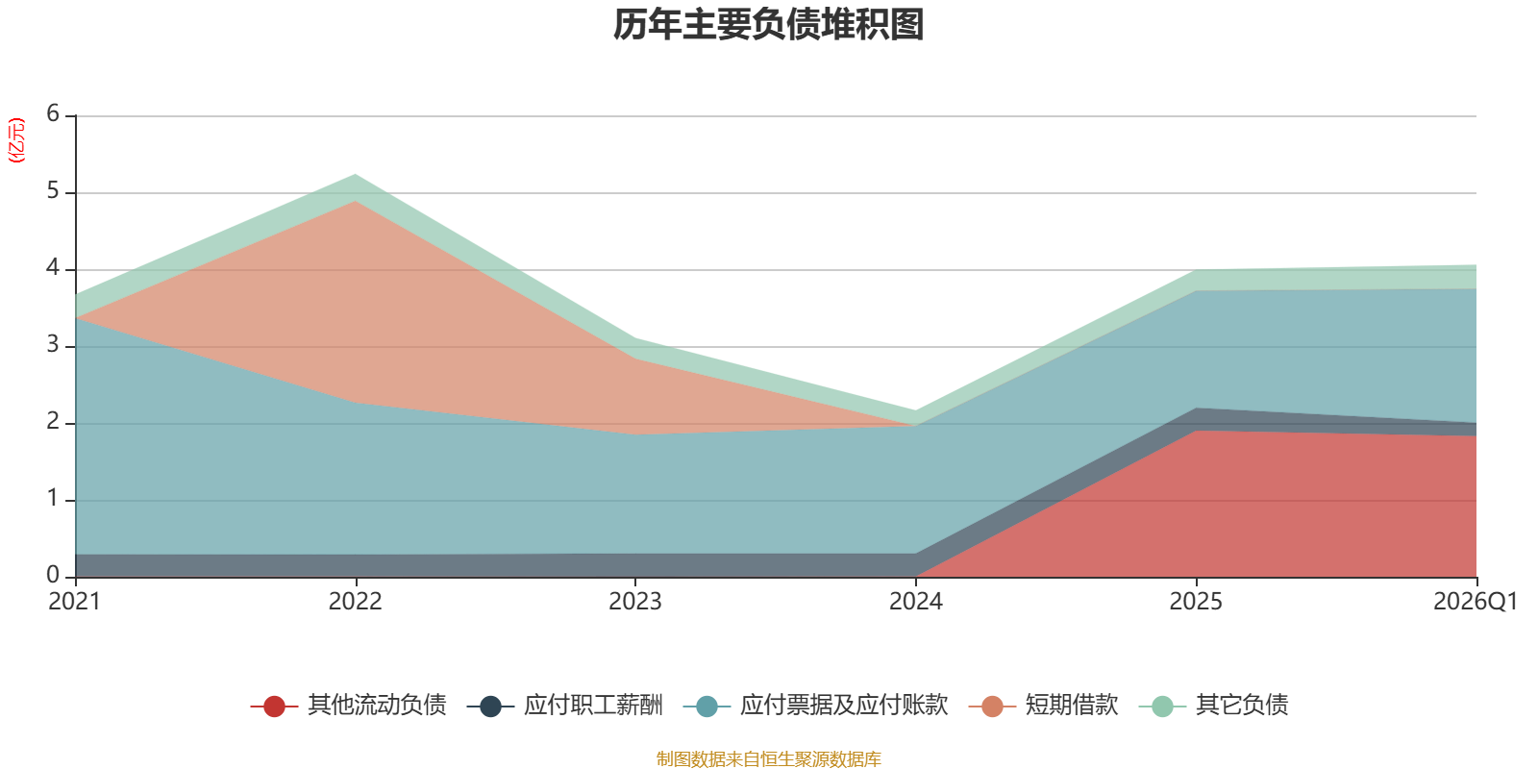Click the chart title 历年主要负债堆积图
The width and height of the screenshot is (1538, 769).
768,25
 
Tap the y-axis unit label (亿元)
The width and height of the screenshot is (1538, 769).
15,140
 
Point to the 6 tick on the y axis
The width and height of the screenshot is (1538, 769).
53,113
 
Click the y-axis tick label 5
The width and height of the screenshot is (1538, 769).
53,190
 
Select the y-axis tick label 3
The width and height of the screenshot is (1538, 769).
53,344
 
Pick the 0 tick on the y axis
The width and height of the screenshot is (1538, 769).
53,575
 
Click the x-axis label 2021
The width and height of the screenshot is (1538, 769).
75,602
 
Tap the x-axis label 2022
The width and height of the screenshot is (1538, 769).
355,602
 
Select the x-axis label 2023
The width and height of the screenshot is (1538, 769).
635,602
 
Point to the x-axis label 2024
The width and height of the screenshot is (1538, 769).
916,602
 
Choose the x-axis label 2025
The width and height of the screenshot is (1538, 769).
1196,602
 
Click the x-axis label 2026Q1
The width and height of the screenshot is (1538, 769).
1475,602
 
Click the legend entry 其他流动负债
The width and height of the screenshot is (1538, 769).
348,706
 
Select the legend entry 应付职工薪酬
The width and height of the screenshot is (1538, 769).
564,706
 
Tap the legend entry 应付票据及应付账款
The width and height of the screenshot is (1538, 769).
816,706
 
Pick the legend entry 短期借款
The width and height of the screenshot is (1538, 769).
1043,706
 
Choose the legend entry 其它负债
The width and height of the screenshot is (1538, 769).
1213,706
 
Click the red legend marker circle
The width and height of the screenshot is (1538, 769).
274,706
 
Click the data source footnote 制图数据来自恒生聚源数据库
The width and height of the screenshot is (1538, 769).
768,758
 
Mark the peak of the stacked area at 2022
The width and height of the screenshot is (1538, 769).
356,174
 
